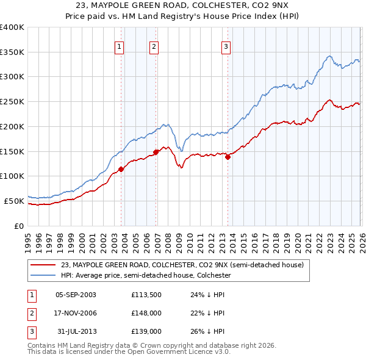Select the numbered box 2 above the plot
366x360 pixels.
click(154, 46)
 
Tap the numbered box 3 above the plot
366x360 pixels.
click(226, 46)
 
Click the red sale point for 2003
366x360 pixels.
click(121, 169)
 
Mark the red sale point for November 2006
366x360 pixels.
click(156, 152)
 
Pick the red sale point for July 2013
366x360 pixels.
click(228, 157)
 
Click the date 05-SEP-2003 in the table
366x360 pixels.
click(76, 295)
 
